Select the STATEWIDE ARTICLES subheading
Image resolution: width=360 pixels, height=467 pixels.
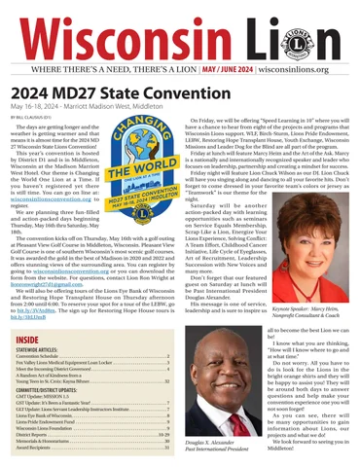coord(44,352)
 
